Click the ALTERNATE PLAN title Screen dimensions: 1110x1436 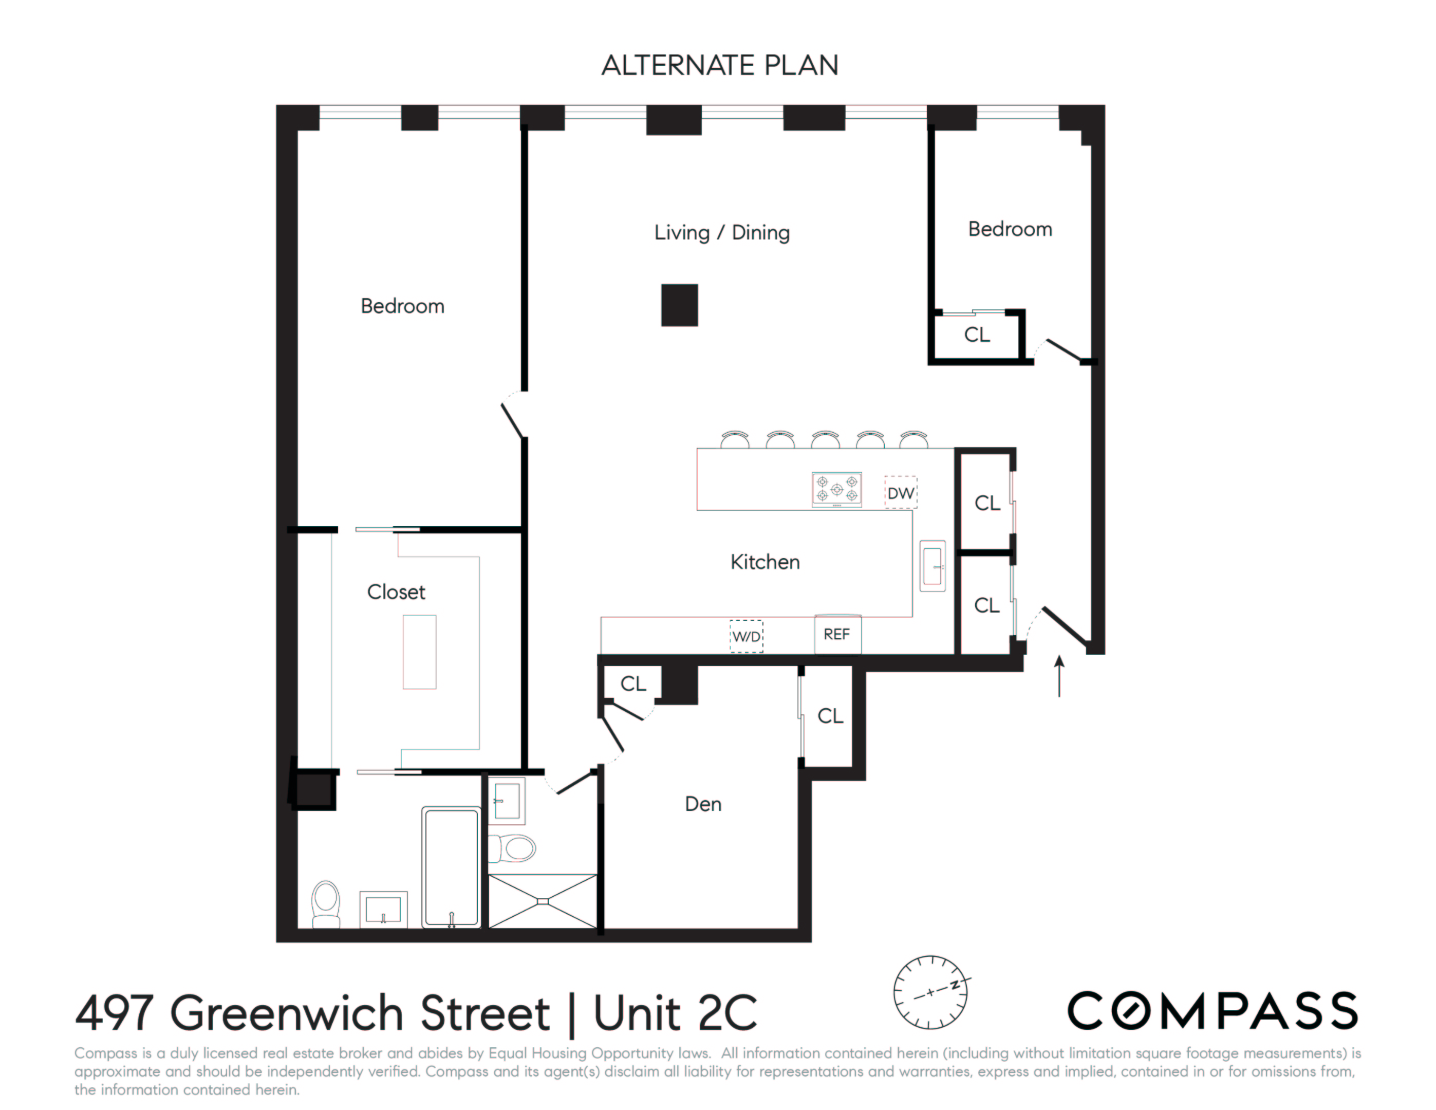[x=719, y=65]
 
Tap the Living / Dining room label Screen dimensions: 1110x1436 [x=721, y=232]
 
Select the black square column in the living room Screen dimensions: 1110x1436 [x=679, y=305]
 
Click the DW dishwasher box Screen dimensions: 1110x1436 [x=900, y=492]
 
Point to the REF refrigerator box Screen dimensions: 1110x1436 [x=837, y=635]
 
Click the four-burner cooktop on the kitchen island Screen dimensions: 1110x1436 [x=836, y=489]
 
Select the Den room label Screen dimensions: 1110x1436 [x=703, y=804]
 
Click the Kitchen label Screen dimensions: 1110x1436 [x=764, y=562]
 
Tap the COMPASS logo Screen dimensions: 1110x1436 [x=1212, y=1011]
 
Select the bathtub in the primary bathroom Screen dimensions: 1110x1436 [x=451, y=867]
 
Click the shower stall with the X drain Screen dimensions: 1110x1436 [x=543, y=901]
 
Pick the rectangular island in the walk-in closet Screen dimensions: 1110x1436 [x=419, y=652]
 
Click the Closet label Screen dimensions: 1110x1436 [x=396, y=592]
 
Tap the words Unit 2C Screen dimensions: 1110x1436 [x=675, y=1013]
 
